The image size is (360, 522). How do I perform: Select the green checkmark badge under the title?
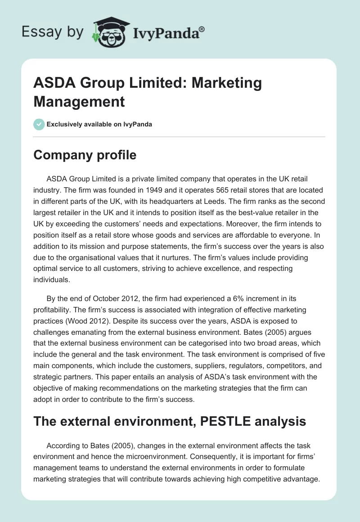click(x=39, y=124)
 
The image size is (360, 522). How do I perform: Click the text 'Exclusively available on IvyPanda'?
click(x=100, y=124)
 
